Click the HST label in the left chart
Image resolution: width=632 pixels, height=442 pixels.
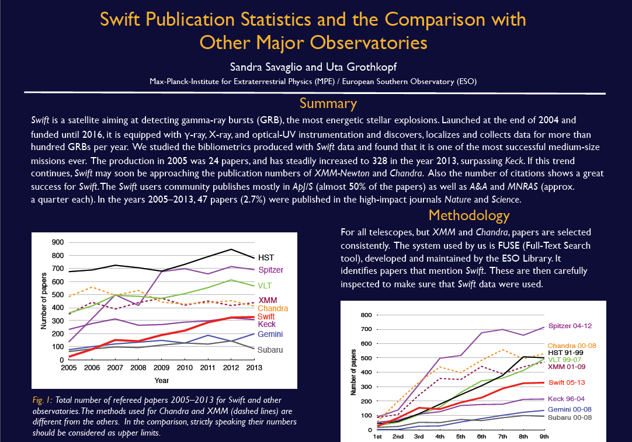coord(266,257)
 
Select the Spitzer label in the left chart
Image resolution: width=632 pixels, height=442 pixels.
coord(271,270)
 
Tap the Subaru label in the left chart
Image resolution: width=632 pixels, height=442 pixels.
coord(270,350)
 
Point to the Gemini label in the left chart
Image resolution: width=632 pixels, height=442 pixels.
coord(270,334)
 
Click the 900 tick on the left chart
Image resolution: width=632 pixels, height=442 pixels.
coord(57,242)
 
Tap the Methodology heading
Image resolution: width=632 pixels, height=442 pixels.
coord(469,215)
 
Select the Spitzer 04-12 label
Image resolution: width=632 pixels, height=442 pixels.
coord(573,326)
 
